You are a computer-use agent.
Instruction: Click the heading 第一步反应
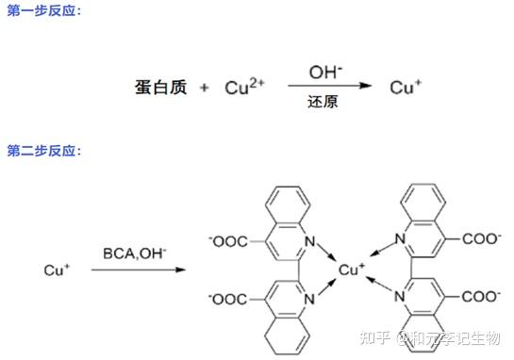(x=42, y=10)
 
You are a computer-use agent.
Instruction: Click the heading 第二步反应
(x=42, y=151)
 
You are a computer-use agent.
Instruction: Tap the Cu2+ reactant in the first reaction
(x=244, y=88)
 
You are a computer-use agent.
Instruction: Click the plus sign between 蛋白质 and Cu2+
(x=205, y=89)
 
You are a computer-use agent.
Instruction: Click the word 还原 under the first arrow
(x=323, y=102)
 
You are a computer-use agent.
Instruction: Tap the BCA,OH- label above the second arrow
(x=135, y=254)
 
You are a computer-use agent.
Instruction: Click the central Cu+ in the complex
(x=352, y=270)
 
